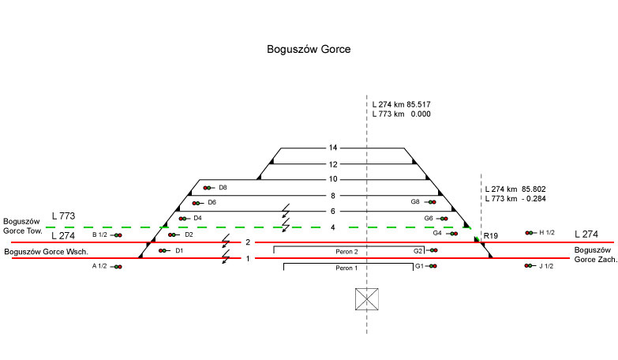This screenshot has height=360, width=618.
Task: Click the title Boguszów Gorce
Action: coord(309,49)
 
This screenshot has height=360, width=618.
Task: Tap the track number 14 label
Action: coord(333,148)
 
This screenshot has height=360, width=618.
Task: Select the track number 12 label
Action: coord(333,164)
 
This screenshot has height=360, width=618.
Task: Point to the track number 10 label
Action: coord(333,179)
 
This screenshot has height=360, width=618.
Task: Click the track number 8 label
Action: coord(333,195)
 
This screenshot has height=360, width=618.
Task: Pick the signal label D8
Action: coord(223,188)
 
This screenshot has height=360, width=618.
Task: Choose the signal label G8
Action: coord(415,202)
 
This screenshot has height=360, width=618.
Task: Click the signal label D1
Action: coord(179,251)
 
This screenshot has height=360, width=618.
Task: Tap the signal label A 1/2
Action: coord(99,267)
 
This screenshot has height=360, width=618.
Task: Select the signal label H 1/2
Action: coord(547,233)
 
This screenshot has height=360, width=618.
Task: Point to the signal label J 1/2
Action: coord(546,266)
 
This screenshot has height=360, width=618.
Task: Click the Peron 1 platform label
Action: coord(346,268)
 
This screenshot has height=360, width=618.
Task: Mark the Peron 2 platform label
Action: coord(346,251)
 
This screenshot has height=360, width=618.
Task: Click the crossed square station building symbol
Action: coord(367,299)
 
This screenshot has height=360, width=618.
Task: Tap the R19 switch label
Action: coord(491,236)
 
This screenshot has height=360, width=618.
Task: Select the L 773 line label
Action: coord(63,216)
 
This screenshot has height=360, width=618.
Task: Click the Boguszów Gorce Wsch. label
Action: coord(45,252)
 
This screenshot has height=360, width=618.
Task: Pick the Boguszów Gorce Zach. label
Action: coord(594,254)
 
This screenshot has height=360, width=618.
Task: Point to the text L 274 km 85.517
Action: coord(401,104)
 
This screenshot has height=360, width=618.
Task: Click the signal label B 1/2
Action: coord(99,234)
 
